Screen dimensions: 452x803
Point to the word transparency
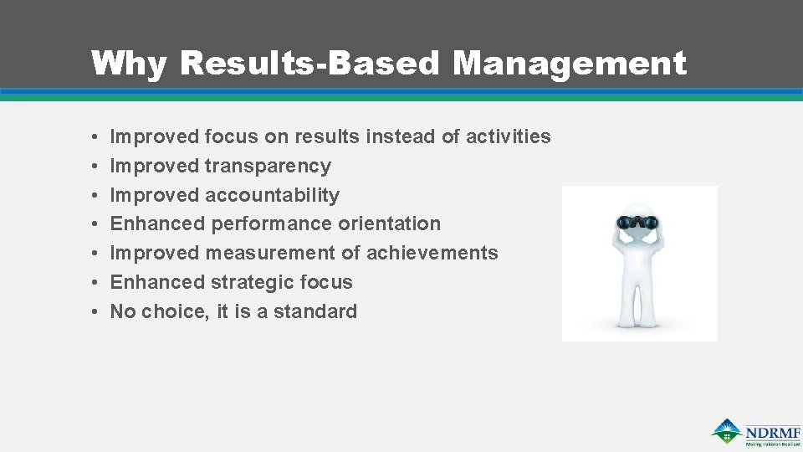click(x=268, y=166)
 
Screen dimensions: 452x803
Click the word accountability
click(x=272, y=195)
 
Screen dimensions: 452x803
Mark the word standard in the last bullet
click(x=315, y=311)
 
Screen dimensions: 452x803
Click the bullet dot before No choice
click(x=97, y=311)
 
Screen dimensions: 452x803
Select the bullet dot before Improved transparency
click(x=97, y=166)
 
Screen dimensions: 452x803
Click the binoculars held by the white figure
click(x=637, y=223)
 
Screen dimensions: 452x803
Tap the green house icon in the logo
click(x=726, y=430)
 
